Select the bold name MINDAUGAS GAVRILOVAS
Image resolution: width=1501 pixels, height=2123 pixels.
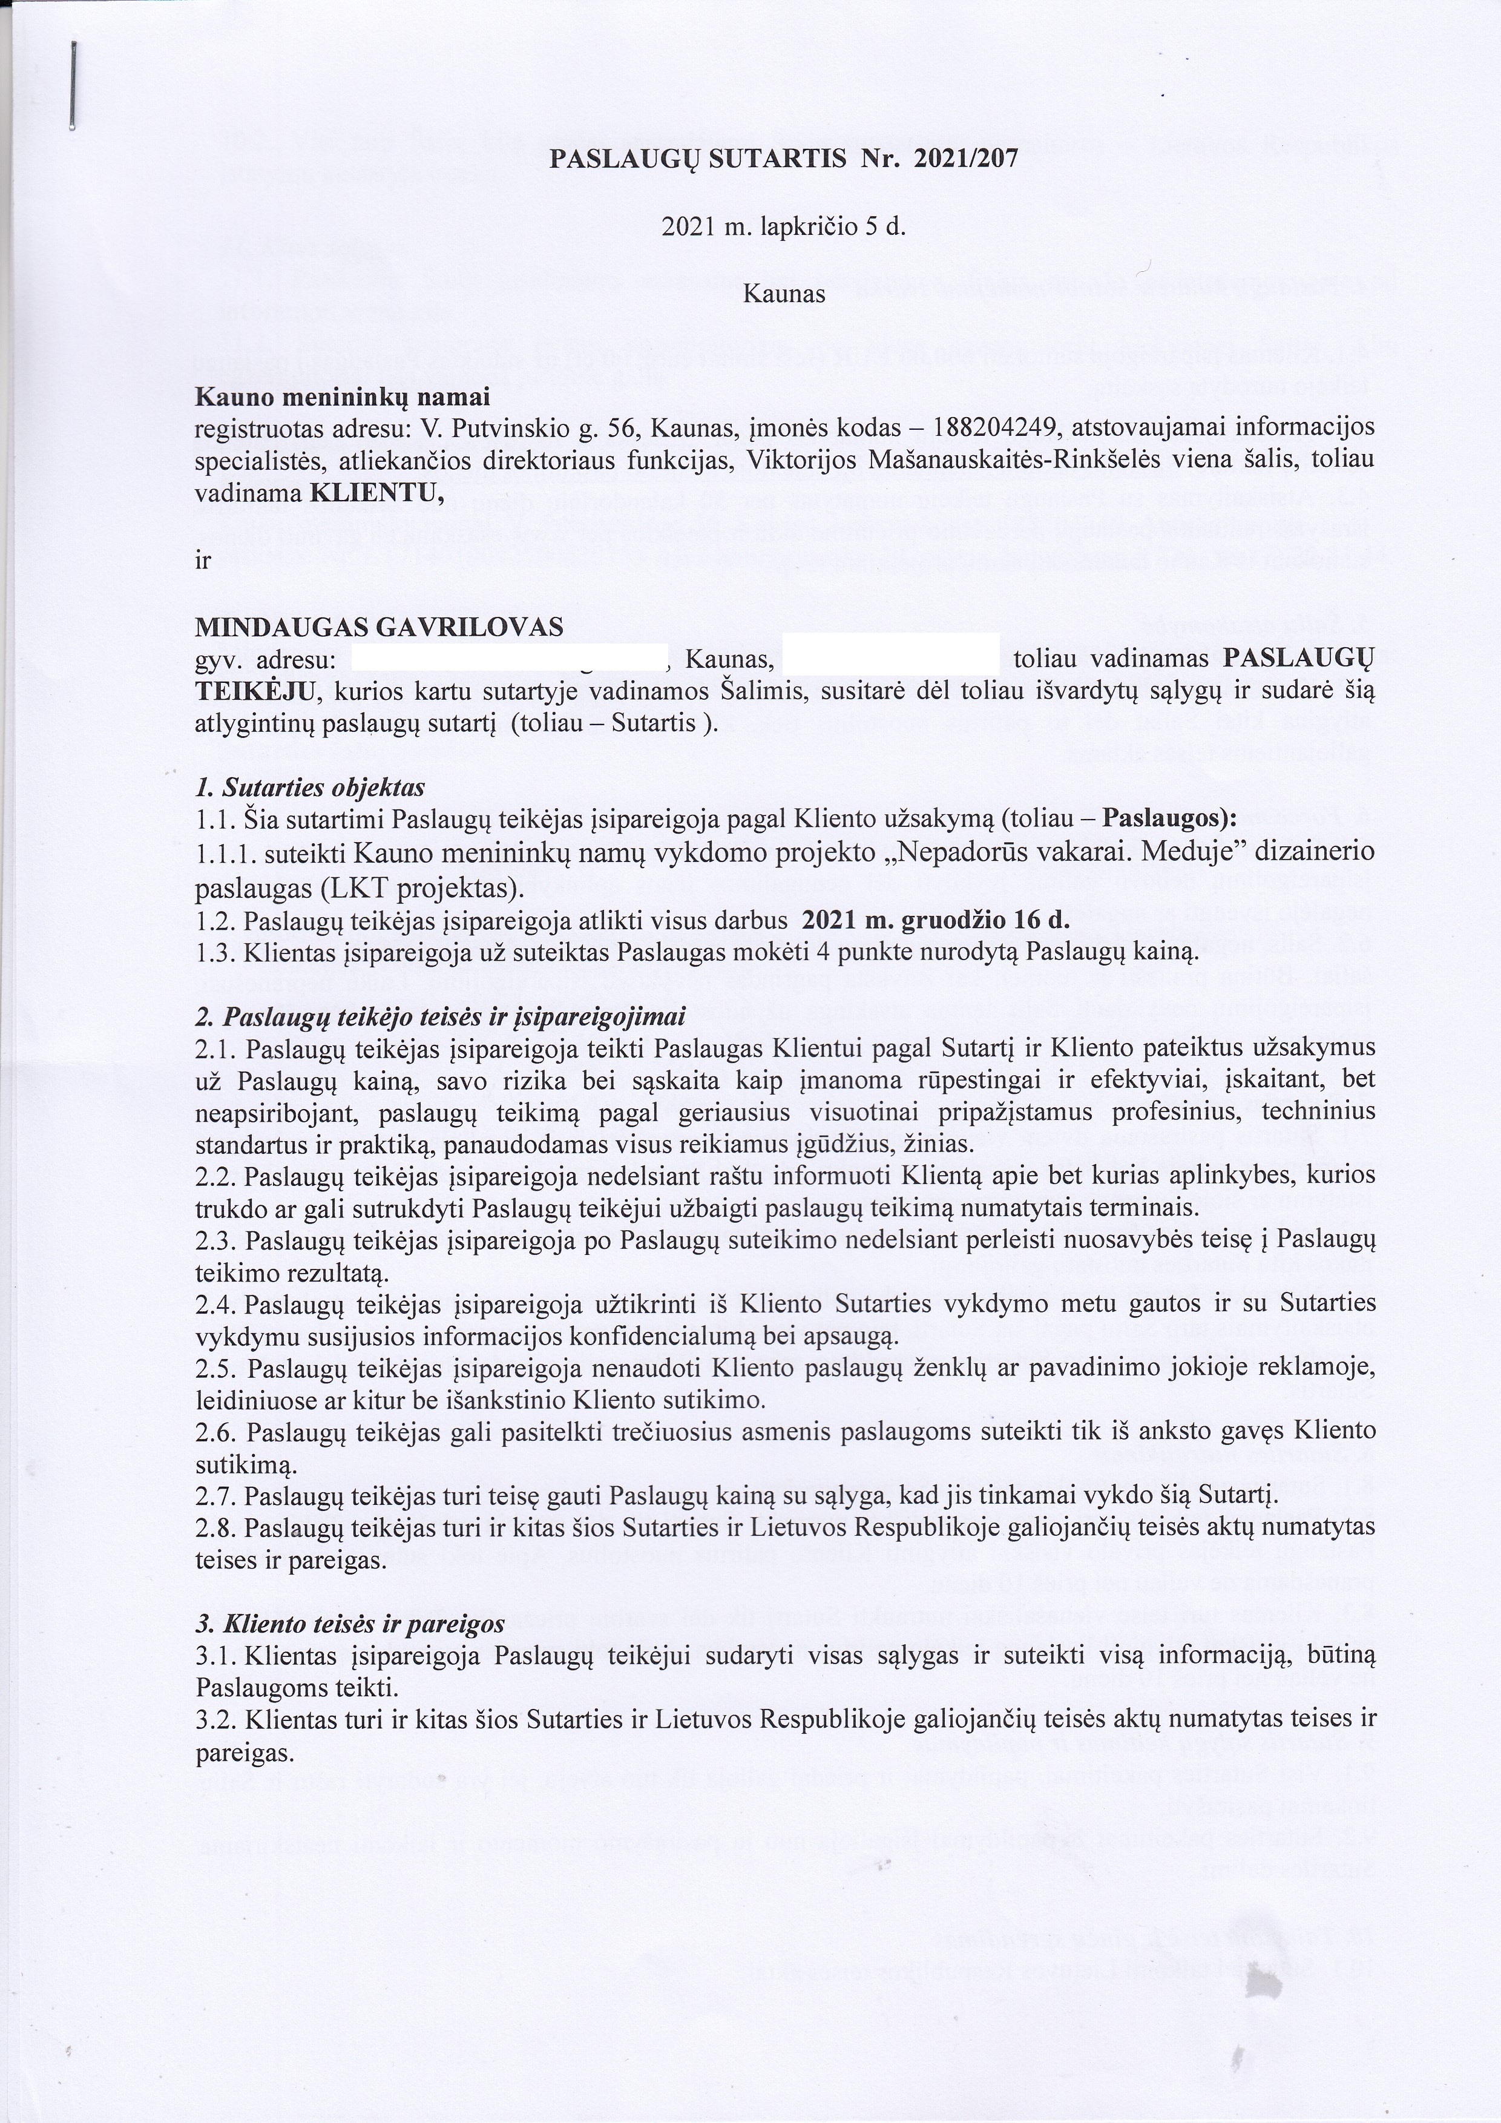(379, 628)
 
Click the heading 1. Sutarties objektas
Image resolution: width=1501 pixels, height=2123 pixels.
(310, 788)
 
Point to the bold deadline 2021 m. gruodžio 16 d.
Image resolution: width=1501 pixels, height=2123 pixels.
(935, 921)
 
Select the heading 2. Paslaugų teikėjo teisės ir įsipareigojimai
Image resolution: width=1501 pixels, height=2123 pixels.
(440, 1017)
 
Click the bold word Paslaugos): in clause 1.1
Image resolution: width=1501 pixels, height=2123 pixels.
(1170, 818)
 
